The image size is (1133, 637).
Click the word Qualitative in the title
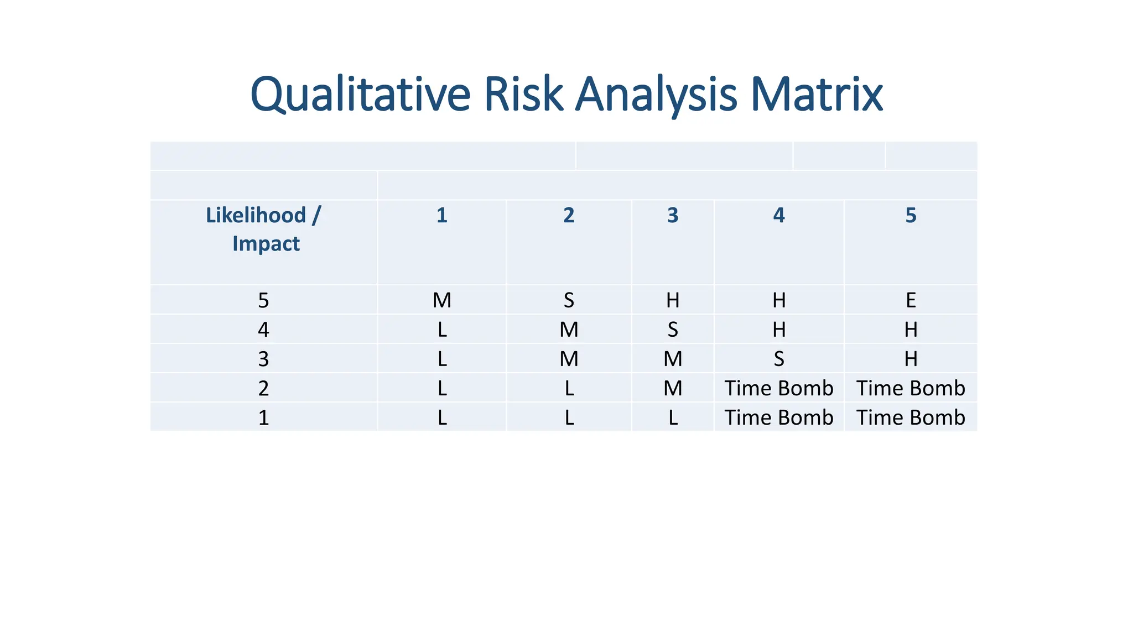[360, 95]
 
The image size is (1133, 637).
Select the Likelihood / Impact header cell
[264, 229]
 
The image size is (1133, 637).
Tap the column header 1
[441, 216]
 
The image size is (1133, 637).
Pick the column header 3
[673, 216]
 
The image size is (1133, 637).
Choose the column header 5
[911, 216]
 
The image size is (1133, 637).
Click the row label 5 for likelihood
[263, 301]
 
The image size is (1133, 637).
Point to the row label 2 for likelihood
[263, 389]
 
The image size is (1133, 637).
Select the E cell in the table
[911, 301]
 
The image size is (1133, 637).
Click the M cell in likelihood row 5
[441, 301]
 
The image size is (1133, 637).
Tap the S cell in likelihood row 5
[569, 301]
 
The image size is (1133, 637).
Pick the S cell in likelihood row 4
[673, 330]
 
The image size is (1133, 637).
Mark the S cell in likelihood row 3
[779, 359]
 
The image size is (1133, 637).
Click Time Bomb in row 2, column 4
[779, 389]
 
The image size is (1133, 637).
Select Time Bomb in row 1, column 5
[911, 418]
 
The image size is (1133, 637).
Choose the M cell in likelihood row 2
[673, 389]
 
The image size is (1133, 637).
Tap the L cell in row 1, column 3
[673, 418]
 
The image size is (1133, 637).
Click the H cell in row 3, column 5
[911, 359]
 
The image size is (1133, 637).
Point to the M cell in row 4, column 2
[569, 330]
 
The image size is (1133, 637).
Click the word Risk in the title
[523, 95]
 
